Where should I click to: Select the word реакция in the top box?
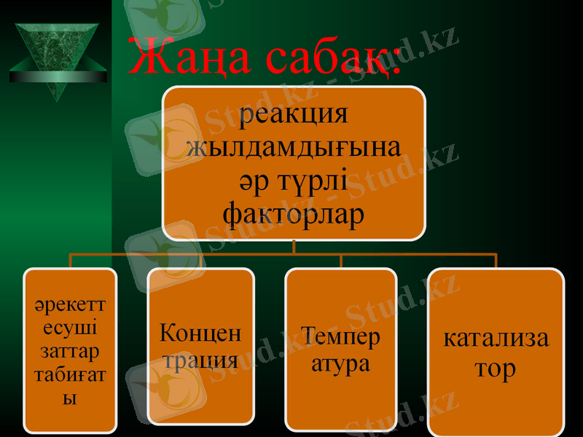[294, 114]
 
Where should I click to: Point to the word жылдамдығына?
[294, 147]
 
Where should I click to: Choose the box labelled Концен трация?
[201, 346]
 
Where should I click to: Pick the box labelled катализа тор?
[496, 353]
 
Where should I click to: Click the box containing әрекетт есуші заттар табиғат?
[70, 350]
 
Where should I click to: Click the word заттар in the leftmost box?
[70, 352]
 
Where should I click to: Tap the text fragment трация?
[200, 360]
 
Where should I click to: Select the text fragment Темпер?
[340, 337]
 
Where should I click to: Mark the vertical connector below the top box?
[294, 247]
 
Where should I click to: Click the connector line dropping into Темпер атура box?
[340, 261]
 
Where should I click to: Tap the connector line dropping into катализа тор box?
[496, 261]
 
